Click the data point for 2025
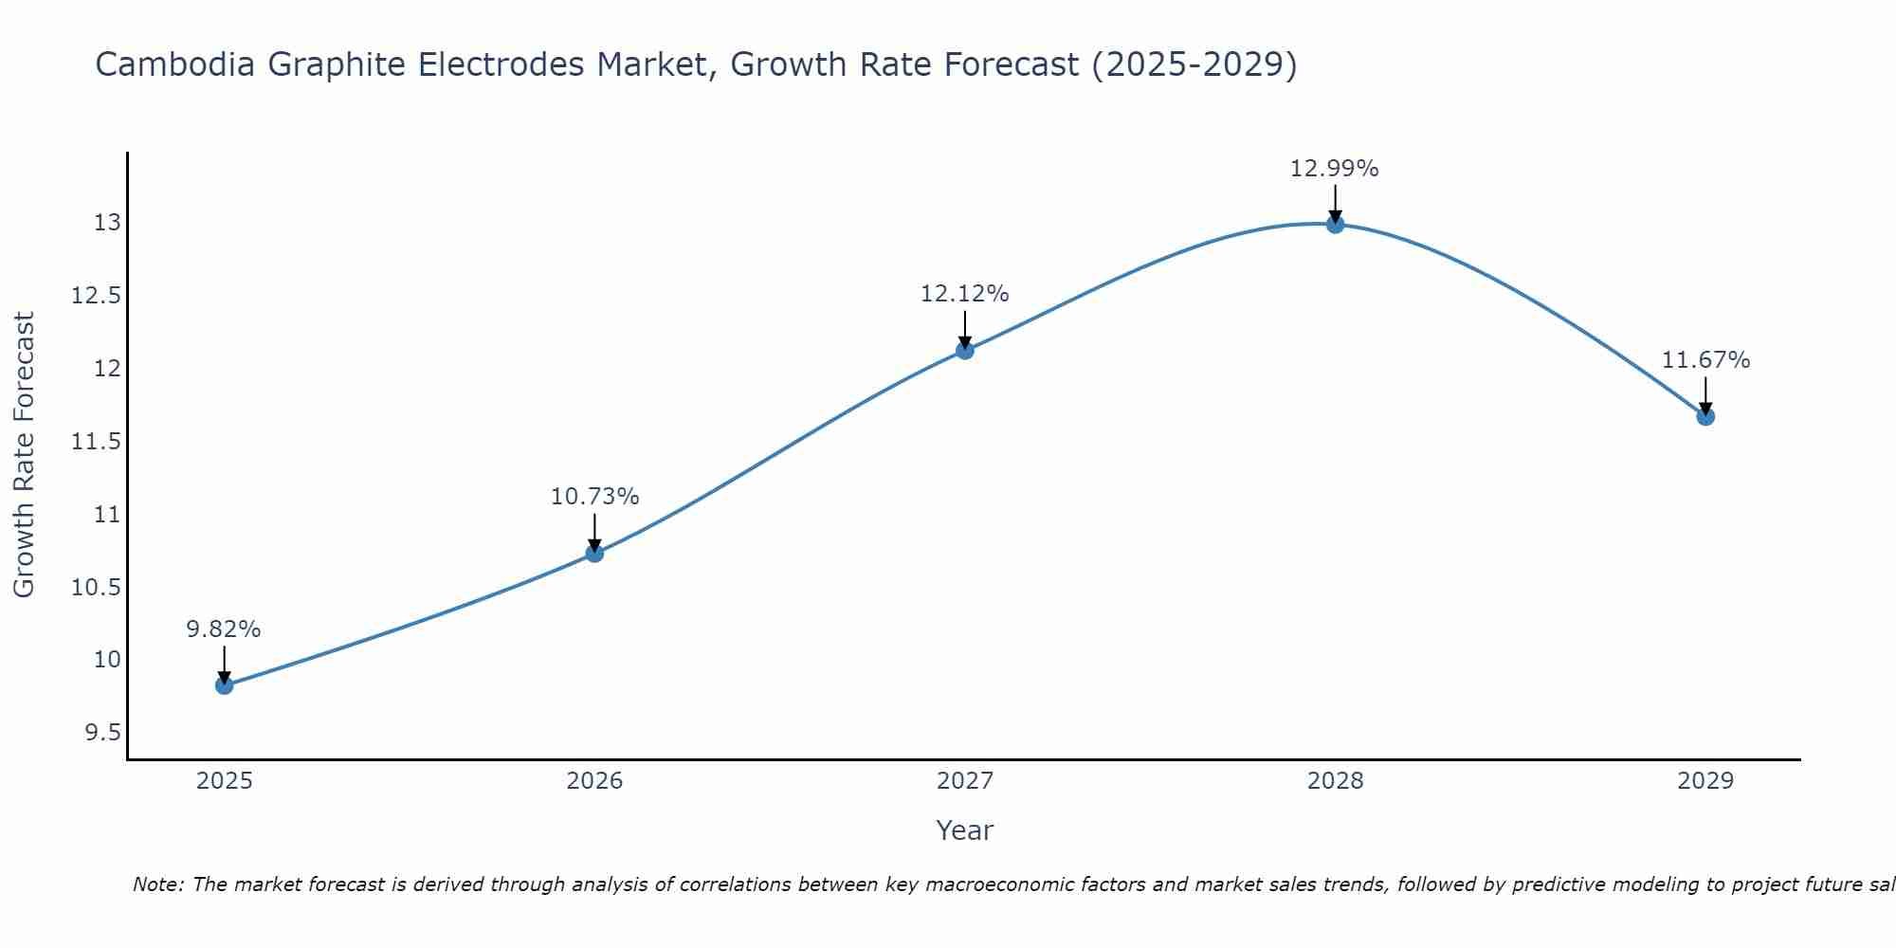pos(225,685)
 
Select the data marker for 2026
pos(594,553)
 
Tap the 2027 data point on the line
pos(965,350)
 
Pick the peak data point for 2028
pos(1335,224)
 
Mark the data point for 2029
pos(1705,416)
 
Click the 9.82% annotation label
pos(224,629)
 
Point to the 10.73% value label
pos(594,497)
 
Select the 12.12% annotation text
pos(965,294)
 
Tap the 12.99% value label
pos(1335,169)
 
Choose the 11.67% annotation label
pos(1705,360)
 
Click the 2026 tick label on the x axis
pos(594,781)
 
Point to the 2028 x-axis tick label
pos(1335,781)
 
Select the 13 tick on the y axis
pos(107,223)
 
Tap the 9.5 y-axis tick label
pos(102,733)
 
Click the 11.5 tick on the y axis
pos(97,442)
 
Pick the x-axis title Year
pos(964,830)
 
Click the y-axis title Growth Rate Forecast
pos(25,455)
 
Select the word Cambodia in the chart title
pos(175,64)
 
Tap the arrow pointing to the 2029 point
pos(1705,395)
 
